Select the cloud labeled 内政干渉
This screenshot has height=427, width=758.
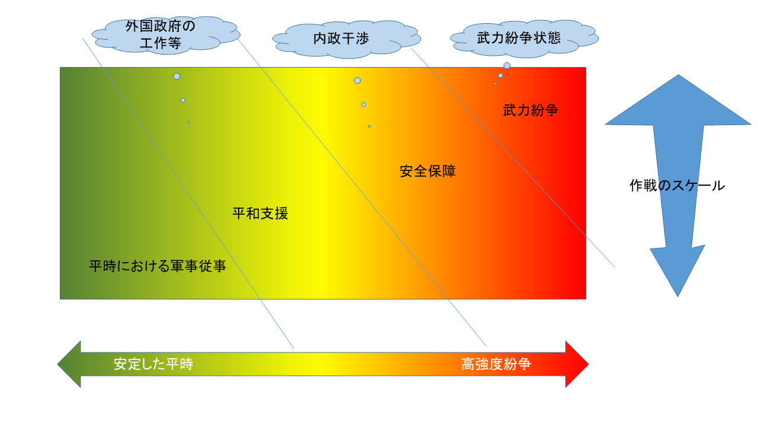click(x=346, y=39)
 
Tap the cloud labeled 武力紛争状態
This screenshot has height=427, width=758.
click(x=524, y=39)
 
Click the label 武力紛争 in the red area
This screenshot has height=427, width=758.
click(x=530, y=110)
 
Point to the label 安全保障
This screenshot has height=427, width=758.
click(x=428, y=171)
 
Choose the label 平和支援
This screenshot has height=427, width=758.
click(x=260, y=213)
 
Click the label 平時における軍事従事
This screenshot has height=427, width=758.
click(x=158, y=266)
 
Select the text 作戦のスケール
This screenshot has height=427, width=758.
click(x=677, y=186)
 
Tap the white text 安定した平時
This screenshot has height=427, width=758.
click(x=153, y=364)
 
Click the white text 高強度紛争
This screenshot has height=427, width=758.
click(x=496, y=364)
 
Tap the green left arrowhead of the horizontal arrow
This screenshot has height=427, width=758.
click(x=69, y=364)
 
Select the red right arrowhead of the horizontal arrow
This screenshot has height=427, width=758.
click(x=577, y=364)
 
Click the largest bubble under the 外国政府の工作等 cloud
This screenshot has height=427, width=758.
click(x=176, y=77)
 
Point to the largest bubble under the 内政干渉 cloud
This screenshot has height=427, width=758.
click(x=357, y=80)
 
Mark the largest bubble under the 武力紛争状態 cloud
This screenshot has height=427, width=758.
click(x=506, y=65)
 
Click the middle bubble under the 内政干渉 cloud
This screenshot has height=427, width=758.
click(x=364, y=104)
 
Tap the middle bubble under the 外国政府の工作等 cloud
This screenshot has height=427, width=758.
click(x=183, y=100)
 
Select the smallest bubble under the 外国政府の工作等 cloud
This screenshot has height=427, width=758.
click(x=189, y=122)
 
